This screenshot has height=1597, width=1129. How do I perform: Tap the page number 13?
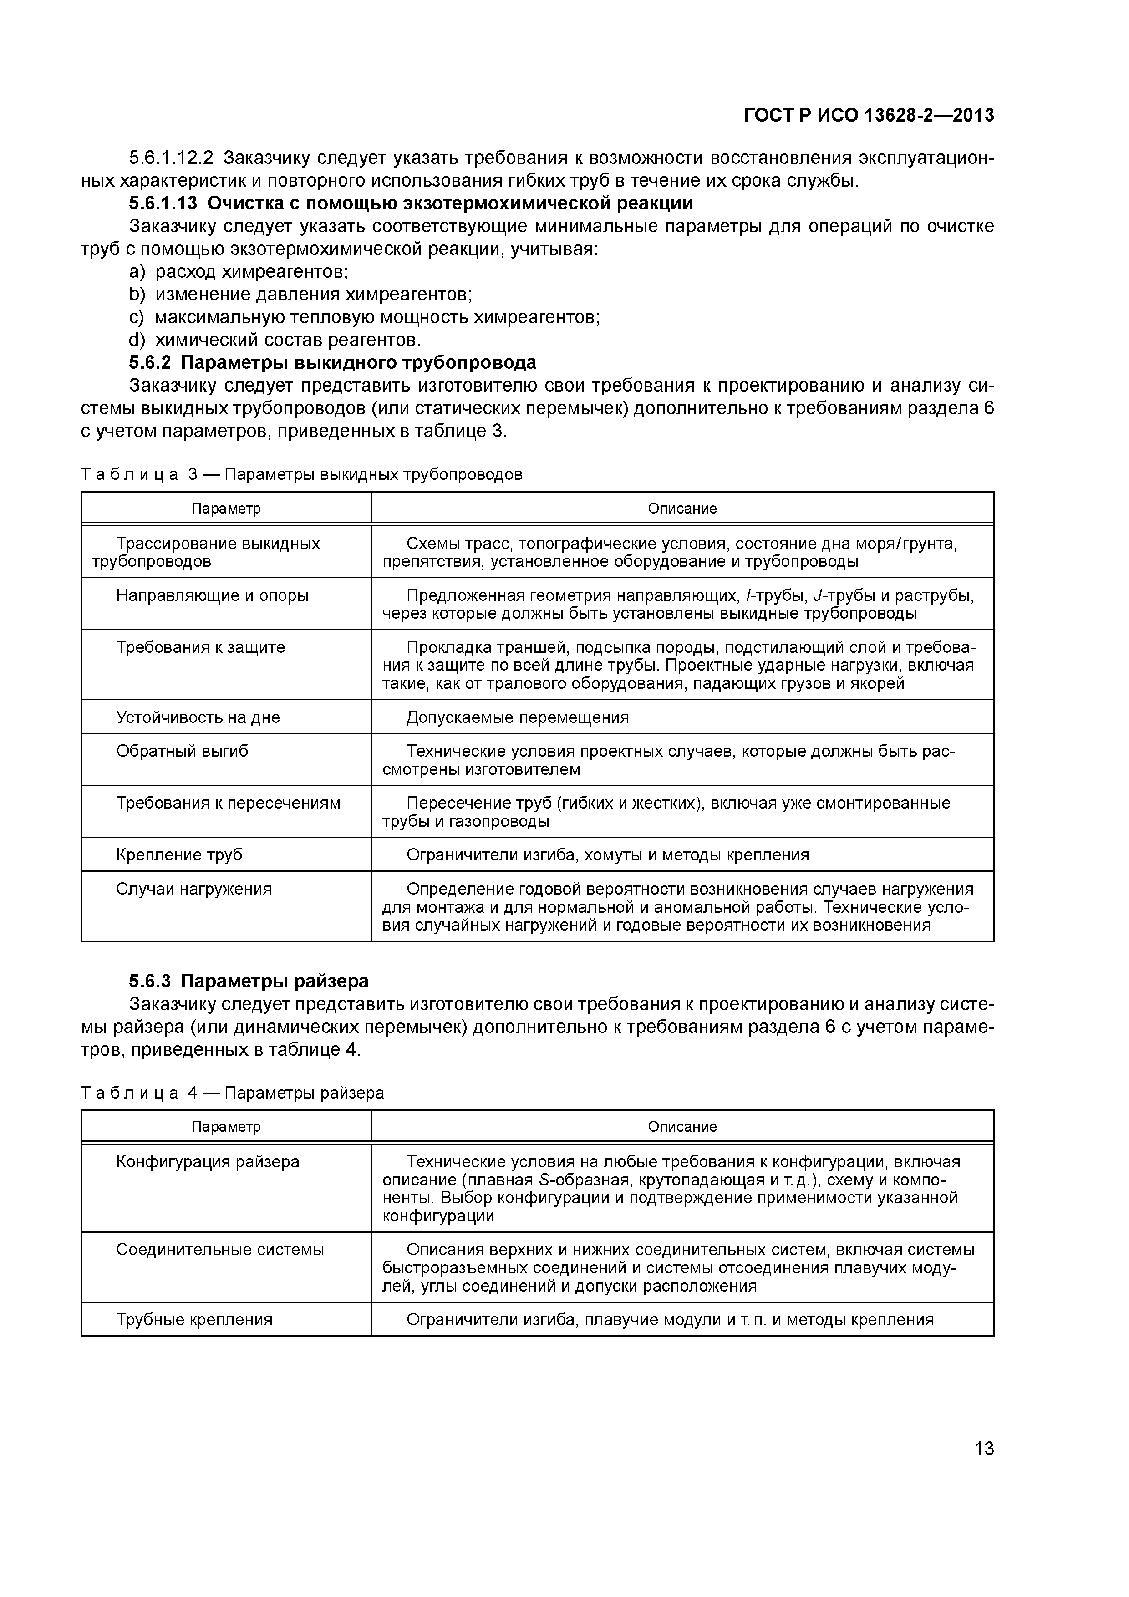(984, 1448)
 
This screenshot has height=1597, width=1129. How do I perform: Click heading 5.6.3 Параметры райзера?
(249, 981)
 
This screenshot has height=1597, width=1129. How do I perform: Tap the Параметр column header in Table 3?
(226, 509)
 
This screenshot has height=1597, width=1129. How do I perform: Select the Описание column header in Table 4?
(681, 1127)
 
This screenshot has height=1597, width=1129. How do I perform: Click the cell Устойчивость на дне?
(198, 717)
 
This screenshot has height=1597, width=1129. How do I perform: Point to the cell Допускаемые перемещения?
(517, 717)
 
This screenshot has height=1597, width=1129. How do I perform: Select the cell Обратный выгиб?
(182, 751)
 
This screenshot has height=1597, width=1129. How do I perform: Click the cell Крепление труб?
(179, 855)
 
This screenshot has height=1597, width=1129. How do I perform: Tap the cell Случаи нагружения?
(193, 889)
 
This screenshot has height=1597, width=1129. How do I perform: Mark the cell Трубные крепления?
(194, 1319)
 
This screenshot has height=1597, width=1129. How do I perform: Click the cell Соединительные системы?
(220, 1249)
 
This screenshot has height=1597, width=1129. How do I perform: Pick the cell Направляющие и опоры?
(212, 595)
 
